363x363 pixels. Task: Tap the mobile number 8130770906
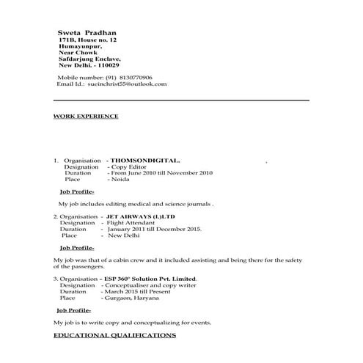click(x=132, y=77)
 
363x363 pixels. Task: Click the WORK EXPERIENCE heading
click(x=86, y=116)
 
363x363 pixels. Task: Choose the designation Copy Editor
click(x=128, y=166)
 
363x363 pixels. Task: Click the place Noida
click(x=119, y=179)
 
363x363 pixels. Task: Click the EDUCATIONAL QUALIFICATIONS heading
click(x=115, y=334)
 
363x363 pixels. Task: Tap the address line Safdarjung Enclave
click(x=89, y=59)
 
